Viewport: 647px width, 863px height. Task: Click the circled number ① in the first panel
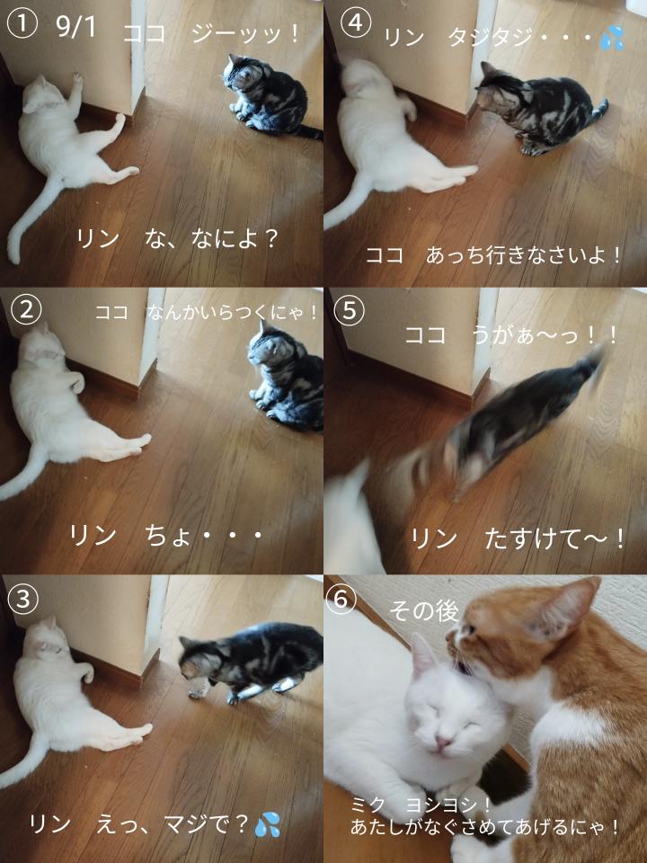click(x=22, y=24)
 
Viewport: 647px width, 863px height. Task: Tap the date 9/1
click(x=75, y=26)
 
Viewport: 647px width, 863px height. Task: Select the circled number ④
click(x=355, y=24)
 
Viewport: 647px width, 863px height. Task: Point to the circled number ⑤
click(x=350, y=312)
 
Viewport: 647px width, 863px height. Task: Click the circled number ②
click(x=25, y=310)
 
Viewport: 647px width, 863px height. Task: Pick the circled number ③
click(x=23, y=600)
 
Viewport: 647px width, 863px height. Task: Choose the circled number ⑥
click(x=341, y=600)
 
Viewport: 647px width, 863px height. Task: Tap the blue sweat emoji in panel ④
click(x=612, y=38)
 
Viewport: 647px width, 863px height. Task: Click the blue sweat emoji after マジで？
click(x=268, y=824)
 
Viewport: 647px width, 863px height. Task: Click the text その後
click(x=423, y=610)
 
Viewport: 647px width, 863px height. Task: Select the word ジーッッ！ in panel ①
click(x=244, y=33)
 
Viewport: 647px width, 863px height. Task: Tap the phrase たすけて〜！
click(x=554, y=538)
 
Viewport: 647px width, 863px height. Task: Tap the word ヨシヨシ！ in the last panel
click(x=447, y=805)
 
